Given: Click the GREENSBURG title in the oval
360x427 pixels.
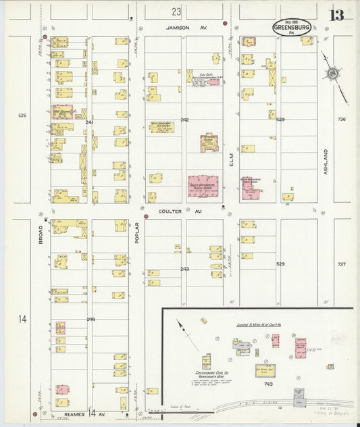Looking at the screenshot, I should [x=292, y=28].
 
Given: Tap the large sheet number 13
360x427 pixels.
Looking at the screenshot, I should [x=336, y=16].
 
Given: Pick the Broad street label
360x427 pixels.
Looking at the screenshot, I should [x=41, y=239].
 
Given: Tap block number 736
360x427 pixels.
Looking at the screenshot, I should [x=341, y=120].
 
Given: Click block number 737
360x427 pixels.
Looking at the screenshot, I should [x=341, y=264].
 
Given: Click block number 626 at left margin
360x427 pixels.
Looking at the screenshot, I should [x=22, y=116].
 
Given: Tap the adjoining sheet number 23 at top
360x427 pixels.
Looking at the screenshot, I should [x=176, y=11].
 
